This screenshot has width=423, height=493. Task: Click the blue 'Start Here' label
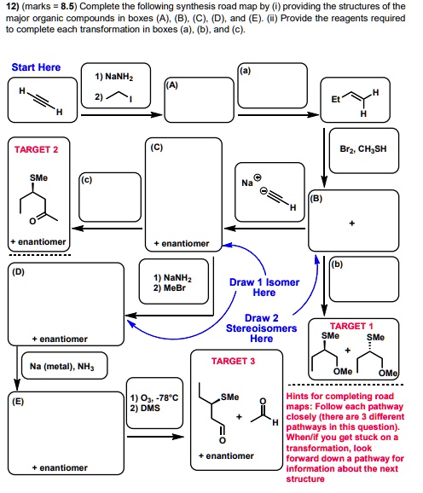[37, 67]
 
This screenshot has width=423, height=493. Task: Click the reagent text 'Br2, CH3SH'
[363, 148]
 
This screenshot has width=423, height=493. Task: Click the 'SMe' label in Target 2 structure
[38, 177]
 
